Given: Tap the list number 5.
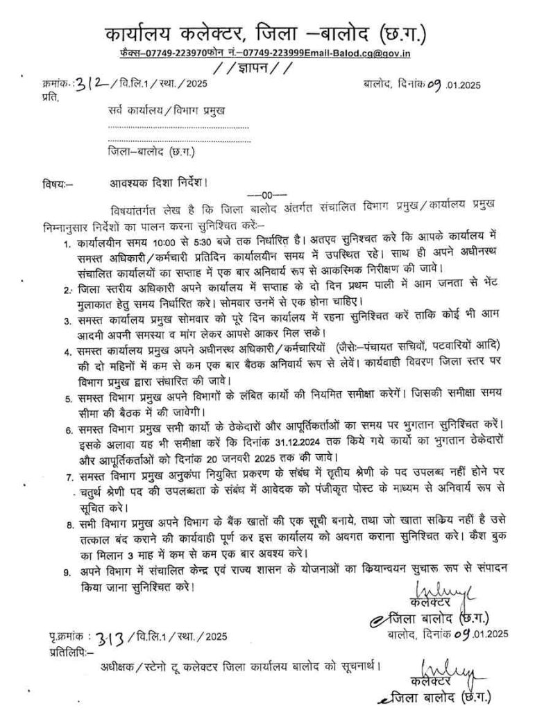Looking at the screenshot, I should pyautogui.click(x=67, y=399).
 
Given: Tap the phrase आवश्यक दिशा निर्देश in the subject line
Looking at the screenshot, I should pyautogui.click(x=155, y=184).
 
